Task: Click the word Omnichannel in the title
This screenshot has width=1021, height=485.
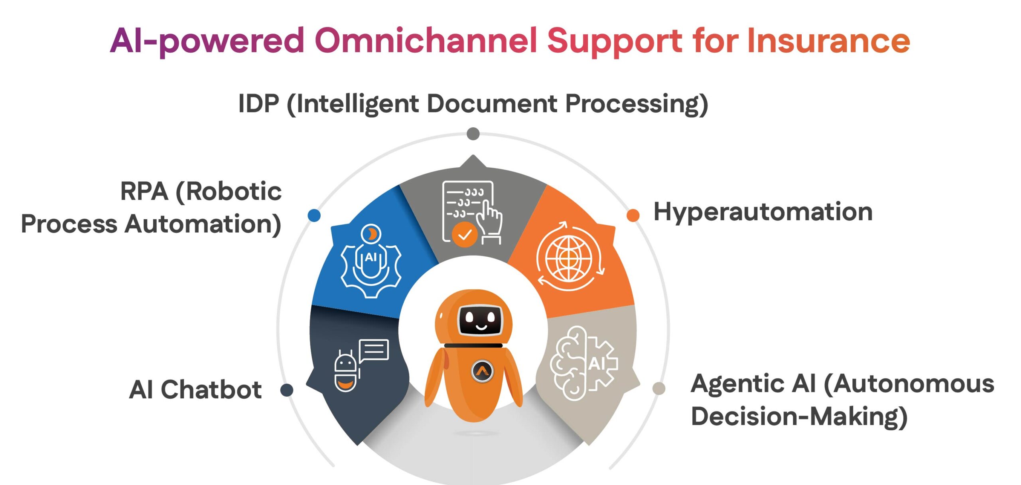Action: pyautogui.click(x=426, y=41)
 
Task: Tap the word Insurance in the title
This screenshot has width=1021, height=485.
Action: pyautogui.click(x=828, y=41)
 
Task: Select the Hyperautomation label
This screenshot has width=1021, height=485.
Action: pyautogui.click(x=763, y=212)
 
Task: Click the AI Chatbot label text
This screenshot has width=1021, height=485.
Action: pyautogui.click(x=195, y=390)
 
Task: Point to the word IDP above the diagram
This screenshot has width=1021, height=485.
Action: pyautogui.click(x=258, y=104)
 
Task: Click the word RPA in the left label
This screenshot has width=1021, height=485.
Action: pyautogui.click(x=144, y=192)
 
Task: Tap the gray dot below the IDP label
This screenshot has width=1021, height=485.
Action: pyautogui.click(x=473, y=134)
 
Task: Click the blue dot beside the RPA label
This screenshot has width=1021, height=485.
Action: pyautogui.click(x=314, y=215)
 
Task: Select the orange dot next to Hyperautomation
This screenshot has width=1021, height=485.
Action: pyautogui.click(x=633, y=215)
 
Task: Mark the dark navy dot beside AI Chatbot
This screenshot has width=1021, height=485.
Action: pyautogui.click(x=287, y=390)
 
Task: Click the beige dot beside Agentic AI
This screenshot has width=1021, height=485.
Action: pyautogui.click(x=659, y=388)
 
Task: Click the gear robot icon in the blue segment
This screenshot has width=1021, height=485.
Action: pyautogui.click(x=371, y=261)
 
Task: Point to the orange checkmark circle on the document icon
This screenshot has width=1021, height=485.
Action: pyautogui.click(x=465, y=235)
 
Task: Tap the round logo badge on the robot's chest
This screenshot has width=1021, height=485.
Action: pyautogui.click(x=482, y=371)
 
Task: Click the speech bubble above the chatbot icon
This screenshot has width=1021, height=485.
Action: pyautogui.click(x=374, y=350)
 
